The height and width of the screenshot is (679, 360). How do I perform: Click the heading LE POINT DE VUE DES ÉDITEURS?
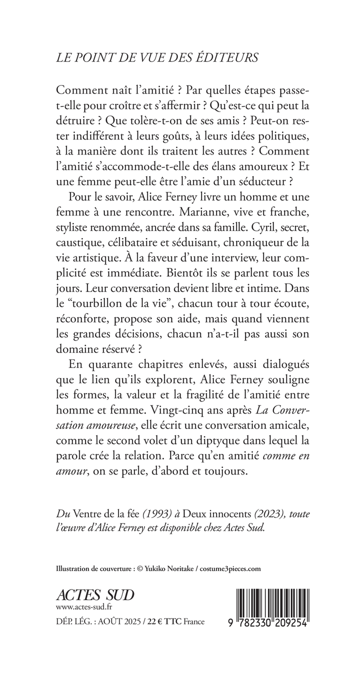(158, 58)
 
